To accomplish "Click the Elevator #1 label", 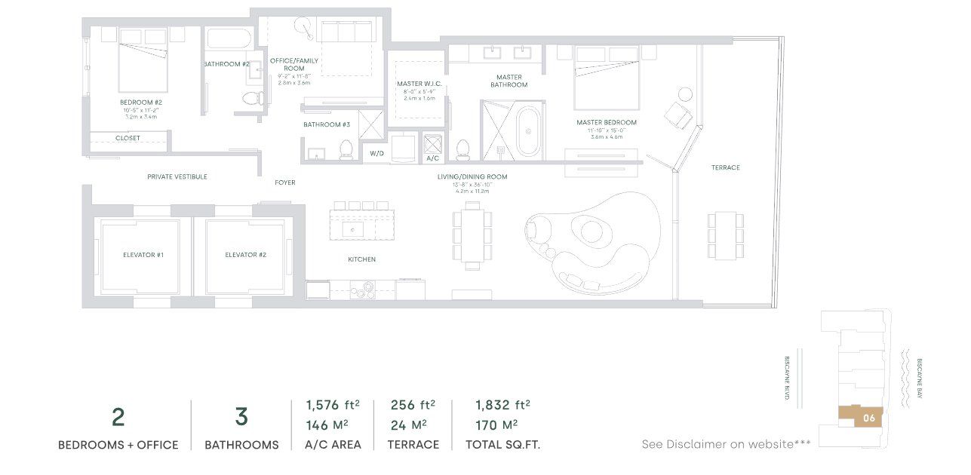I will coord(143,255).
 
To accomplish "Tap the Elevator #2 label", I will coord(245,255).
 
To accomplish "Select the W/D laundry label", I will coord(376,153).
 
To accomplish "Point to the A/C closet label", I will coord(433,158).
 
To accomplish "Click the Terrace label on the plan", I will coord(725,167).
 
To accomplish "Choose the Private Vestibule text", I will coord(177,176).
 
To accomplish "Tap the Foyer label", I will coord(284,182).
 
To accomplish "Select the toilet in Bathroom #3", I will coord(347,149).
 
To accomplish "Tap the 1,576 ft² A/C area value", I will coord(333,405).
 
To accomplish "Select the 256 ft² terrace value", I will coord(413,405).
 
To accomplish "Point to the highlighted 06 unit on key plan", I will coord(868,417).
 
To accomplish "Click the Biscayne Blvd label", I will coord(787,377).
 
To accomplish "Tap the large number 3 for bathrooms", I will coord(241,417).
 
